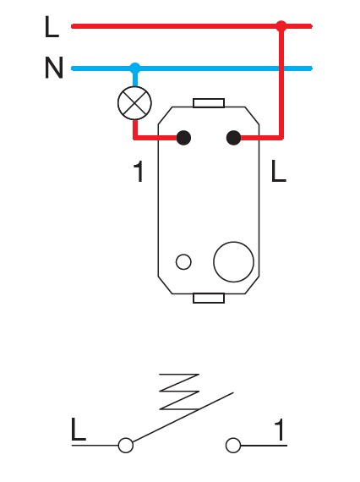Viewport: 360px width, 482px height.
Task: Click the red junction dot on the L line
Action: [281, 26]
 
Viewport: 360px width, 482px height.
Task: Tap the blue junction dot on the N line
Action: [134, 67]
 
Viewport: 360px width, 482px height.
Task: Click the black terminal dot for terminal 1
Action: [183, 137]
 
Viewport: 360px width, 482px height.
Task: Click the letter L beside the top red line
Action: [52, 28]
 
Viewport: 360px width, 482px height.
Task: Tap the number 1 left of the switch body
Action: [139, 173]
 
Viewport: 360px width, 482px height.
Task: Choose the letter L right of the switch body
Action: [279, 173]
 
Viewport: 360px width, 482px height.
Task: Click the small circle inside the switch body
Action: [183, 261]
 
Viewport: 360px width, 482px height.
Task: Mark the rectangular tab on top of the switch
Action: [208, 103]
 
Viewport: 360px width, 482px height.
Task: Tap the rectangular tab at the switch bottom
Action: [208, 297]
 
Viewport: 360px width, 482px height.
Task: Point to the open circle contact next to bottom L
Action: [126, 445]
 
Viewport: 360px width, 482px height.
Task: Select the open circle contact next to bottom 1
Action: [234, 445]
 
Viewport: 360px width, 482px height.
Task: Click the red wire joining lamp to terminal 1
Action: [156, 137]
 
